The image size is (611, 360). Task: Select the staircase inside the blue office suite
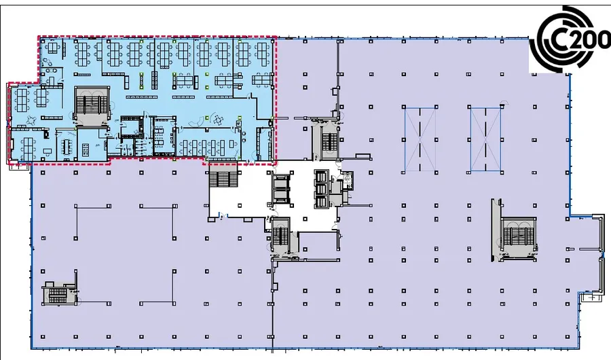(91, 105)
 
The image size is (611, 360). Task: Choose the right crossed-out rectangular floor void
(487, 139)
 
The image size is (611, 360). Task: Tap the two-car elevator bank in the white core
(281, 188)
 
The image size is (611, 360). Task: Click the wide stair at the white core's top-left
(223, 181)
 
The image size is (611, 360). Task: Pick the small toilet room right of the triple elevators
(348, 179)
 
